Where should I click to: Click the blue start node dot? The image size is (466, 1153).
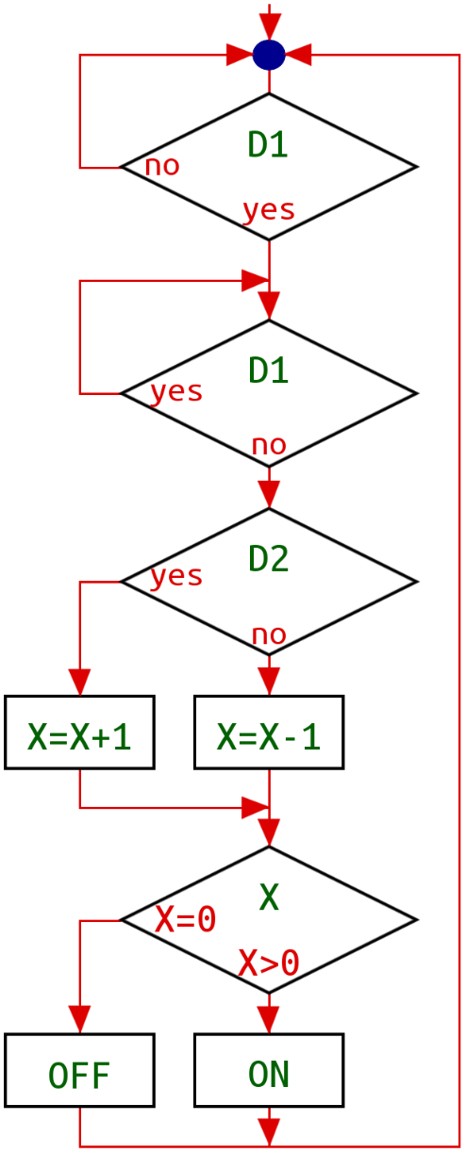[x=269, y=55]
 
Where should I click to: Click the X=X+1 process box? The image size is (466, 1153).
[x=80, y=732]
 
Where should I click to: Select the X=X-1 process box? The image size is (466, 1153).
[x=269, y=732]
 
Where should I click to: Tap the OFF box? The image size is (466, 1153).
[x=80, y=1070]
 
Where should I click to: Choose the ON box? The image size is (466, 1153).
[x=269, y=1070]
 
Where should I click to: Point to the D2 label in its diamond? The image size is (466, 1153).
[x=268, y=559]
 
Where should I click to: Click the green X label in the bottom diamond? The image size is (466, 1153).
[x=269, y=898]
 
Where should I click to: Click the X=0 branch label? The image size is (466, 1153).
[x=186, y=919]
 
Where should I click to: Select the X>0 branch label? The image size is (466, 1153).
[x=269, y=963]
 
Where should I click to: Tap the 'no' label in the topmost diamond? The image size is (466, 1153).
[x=162, y=166]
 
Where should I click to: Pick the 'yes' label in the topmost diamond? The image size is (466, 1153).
[x=269, y=211]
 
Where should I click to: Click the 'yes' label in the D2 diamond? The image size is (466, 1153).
[x=176, y=577]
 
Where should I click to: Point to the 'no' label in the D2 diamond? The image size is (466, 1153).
[x=269, y=635]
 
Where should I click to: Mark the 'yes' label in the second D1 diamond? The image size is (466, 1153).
[x=176, y=392]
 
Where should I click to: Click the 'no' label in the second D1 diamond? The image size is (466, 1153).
[x=269, y=446]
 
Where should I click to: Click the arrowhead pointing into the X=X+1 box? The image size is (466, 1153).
[x=80, y=683]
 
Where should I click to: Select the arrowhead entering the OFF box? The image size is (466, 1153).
[x=80, y=1020]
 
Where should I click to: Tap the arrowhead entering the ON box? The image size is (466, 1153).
[x=269, y=1020]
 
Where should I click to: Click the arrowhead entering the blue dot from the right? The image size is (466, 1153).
[x=298, y=55]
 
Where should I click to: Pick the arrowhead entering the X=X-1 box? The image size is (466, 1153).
[x=269, y=683]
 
